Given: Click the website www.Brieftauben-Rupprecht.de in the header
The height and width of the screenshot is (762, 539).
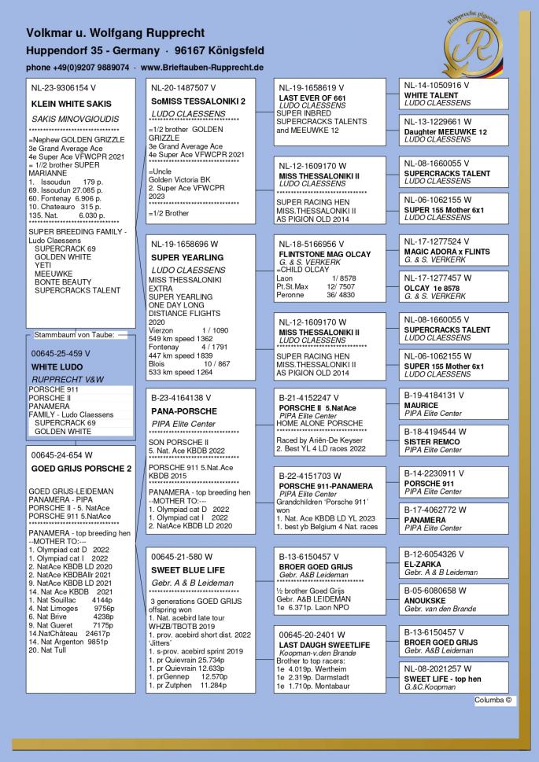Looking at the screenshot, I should click(x=201, y=68).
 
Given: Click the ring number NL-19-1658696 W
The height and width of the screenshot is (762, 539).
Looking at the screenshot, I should click(x=185, y=245).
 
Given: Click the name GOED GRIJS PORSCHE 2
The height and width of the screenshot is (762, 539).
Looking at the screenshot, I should click(x=79, y=468).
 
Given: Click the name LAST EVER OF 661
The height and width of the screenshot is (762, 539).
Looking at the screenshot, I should click(x=313, y=98).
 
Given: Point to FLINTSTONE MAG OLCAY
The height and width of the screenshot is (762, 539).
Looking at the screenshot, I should click(x=326, y=254).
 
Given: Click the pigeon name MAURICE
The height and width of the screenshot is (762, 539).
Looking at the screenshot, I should click(x=422, y=406).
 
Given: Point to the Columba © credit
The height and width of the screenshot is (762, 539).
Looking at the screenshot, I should click(x=492, y=699).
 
